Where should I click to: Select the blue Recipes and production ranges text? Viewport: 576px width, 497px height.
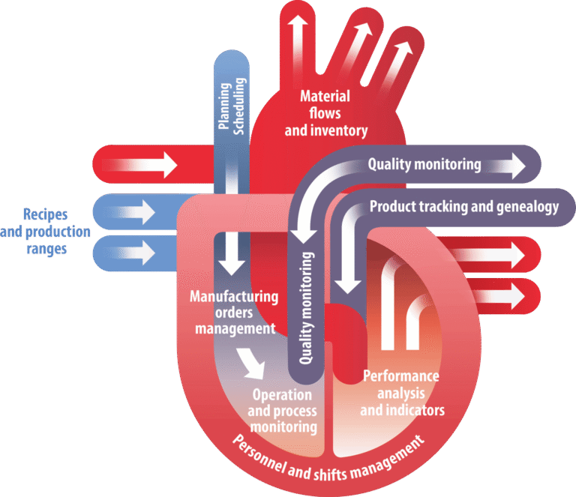click(x=46, y=231)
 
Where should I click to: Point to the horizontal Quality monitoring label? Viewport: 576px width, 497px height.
click(x=424, y=164)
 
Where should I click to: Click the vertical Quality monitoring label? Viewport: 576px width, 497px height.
click(x=306, y=307)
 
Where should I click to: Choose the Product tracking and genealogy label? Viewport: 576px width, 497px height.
click(x=464, y=207)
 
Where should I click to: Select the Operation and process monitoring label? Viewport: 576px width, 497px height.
click(x=282, y=411)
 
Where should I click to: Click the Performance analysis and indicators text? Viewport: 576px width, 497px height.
click(x=402, y=393)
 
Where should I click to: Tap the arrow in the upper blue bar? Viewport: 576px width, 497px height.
click(x=136, y=212)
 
